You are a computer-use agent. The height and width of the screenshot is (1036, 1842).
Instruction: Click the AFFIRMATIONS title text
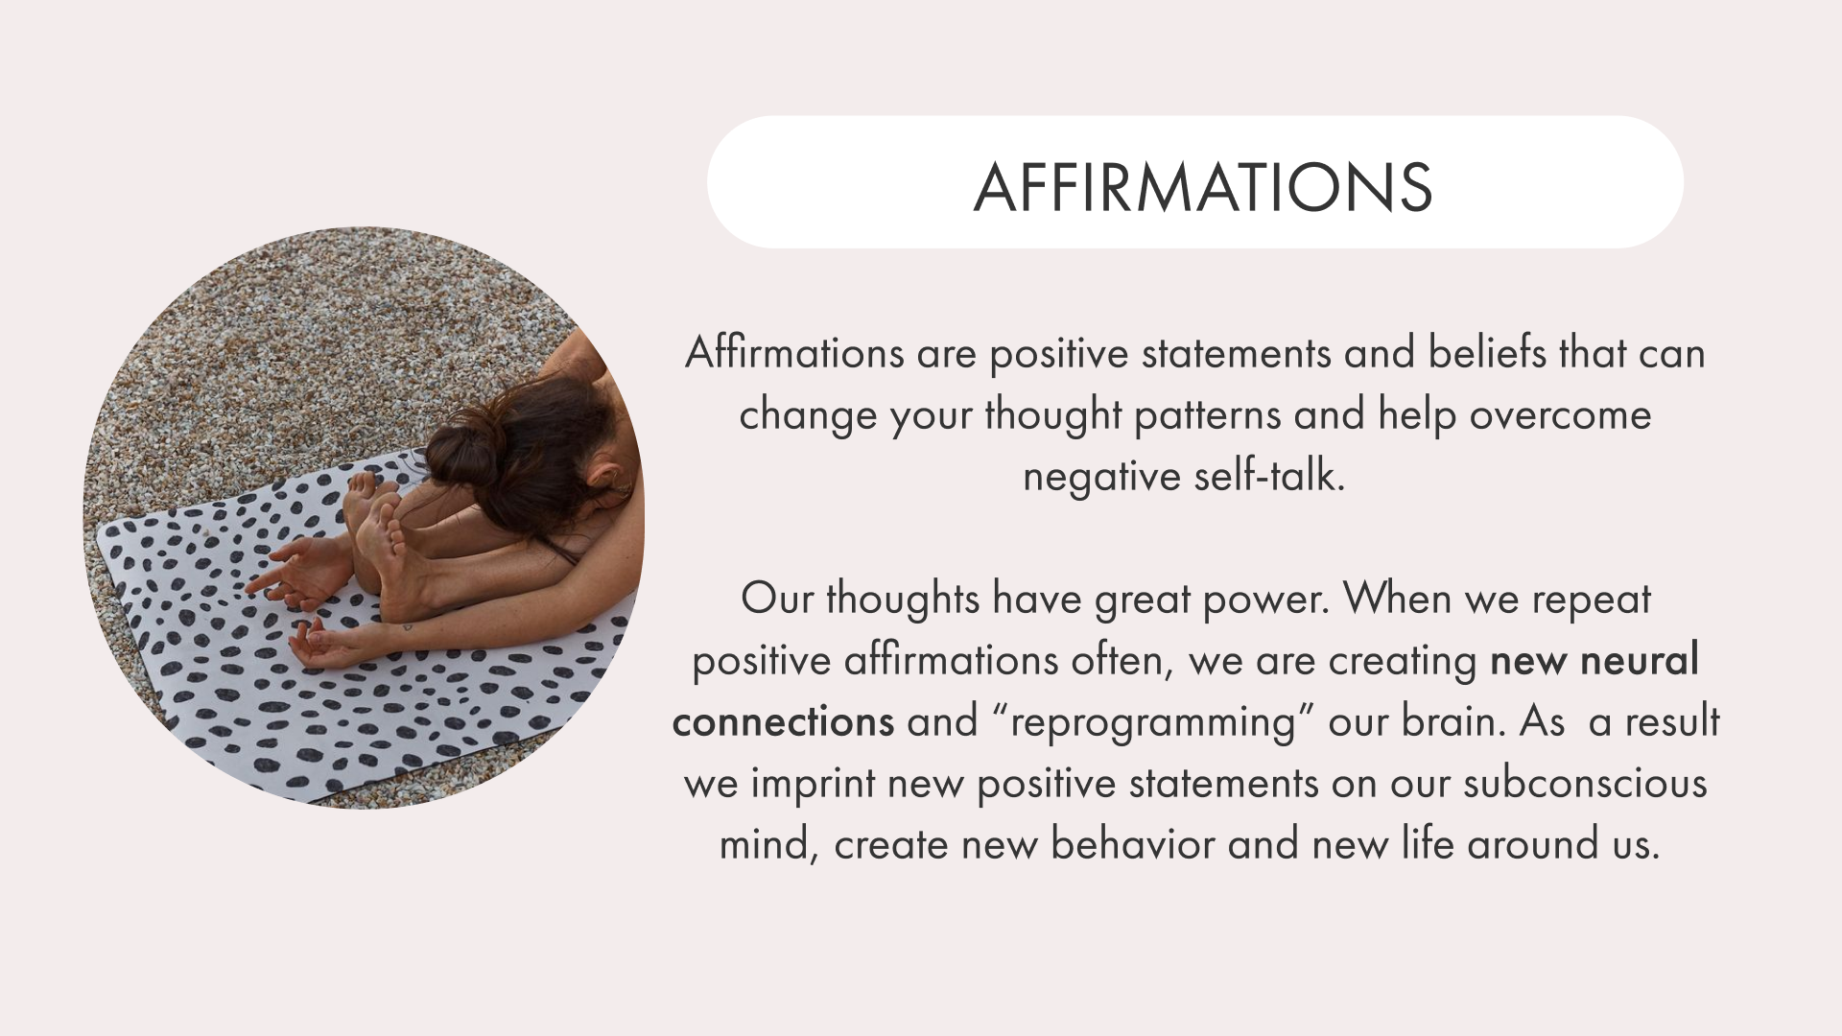(x=1203, y=186)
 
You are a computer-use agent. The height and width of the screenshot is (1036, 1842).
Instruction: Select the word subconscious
(x=1585, y=784)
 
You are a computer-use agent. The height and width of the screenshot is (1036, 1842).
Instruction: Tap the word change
(x=807, y=416)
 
